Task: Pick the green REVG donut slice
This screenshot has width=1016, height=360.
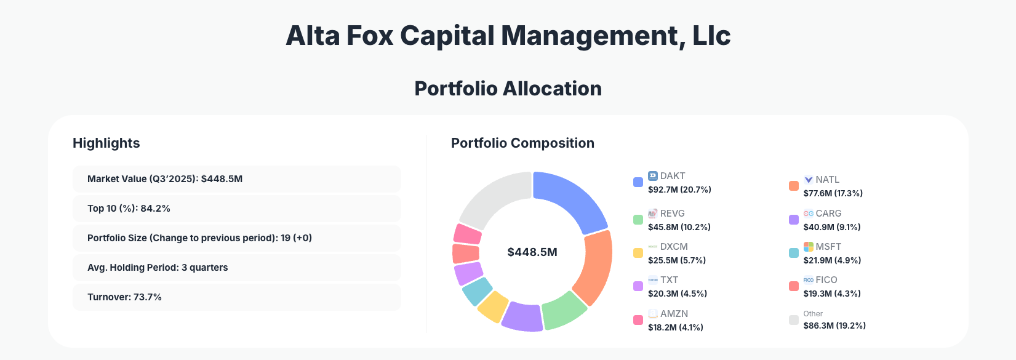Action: [x=564, y=309]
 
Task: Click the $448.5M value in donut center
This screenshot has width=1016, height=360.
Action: [x=532, y=252]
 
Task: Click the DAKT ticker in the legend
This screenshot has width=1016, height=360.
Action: [x=673, y=176]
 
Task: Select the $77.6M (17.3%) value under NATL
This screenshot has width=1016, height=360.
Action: [x=833, y=193]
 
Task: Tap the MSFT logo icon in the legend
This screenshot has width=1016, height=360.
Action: [x=808, y=247]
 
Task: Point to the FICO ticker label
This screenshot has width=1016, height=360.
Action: [x=826, y=280]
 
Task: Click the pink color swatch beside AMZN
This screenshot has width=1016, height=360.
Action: [x=638, y=320]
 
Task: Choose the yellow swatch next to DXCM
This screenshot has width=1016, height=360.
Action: [x=638, y=253]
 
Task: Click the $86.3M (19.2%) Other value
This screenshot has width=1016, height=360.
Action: [x=834, y=326]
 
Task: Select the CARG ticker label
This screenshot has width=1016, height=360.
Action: [x=828, y=214]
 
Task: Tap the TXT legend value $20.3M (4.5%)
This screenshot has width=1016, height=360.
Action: [x=677, y=294]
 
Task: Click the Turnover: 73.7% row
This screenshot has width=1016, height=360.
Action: [x=236, y=297]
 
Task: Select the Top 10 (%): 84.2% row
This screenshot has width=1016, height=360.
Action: [x=236, y=209]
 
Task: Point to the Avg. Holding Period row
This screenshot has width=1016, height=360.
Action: [x=236, y=268]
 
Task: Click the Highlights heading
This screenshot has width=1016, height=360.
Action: [x=106, y=143]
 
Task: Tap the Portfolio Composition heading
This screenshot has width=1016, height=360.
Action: [x=522, y=143]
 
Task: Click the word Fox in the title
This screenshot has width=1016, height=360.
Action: [x=369, y=36]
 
